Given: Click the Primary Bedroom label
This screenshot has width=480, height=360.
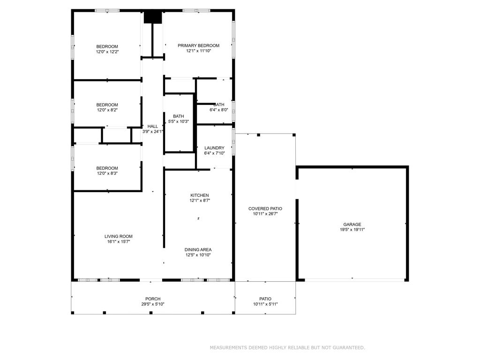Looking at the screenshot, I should tap(198, 45).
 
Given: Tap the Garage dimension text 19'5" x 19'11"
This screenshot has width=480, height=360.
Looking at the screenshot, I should tap(352, 230).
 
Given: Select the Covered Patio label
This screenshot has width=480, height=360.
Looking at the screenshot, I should tap(265, 209).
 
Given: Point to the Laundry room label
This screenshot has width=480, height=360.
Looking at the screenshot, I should tap(214, 148).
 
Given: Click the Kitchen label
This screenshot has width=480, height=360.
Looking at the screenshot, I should tap(199, 195).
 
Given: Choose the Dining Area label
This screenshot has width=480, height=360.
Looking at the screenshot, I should tap(198, 250).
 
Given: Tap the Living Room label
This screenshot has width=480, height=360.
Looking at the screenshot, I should tap(118, 237).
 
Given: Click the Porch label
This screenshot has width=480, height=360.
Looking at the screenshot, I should tap(153, 299).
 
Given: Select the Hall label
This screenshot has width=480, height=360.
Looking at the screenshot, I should tap(153, 127).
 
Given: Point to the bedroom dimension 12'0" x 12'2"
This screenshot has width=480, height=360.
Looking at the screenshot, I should tap(107, 52).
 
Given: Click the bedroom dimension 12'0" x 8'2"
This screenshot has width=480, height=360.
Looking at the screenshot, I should tap(107, 110).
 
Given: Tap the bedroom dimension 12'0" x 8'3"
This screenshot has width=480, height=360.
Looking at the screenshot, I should tap(107, 173).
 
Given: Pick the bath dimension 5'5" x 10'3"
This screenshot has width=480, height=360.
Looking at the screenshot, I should tap(178, 121).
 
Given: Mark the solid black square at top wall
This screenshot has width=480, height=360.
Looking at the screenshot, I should tap(153, 17).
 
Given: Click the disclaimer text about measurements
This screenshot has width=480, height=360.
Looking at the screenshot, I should tap(287, 348).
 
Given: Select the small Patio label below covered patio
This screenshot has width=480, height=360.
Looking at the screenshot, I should tap(265, 299).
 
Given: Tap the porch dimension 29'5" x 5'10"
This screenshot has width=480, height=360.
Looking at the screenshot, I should tap(153, 304).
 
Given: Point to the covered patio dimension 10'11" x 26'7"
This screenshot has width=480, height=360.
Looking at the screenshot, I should tap(265, 214).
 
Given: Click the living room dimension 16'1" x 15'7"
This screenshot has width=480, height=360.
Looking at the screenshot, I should tap(118, 242).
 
